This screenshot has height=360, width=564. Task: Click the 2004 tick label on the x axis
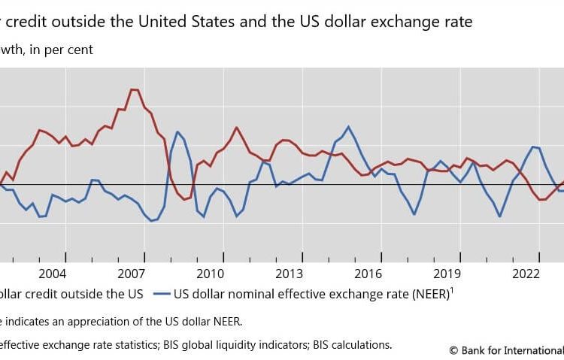click(x=53, y=273)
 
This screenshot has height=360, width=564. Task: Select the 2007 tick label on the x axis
click(x=132, y=273)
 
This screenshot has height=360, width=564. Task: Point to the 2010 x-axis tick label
click(x=211, y=273)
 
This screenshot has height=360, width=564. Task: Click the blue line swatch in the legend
click(x=162, y=294)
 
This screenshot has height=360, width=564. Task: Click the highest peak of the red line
click(x=134, y=89)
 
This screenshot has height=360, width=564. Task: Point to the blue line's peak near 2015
click(x=348, y=126)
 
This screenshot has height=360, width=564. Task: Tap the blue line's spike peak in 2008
click(x=177, y=132)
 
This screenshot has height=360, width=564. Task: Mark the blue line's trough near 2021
click(x=499, y=216)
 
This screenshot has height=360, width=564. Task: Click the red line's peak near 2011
click(x=237, y=127)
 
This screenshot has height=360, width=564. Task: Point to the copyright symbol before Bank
click(x=453, y=349)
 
